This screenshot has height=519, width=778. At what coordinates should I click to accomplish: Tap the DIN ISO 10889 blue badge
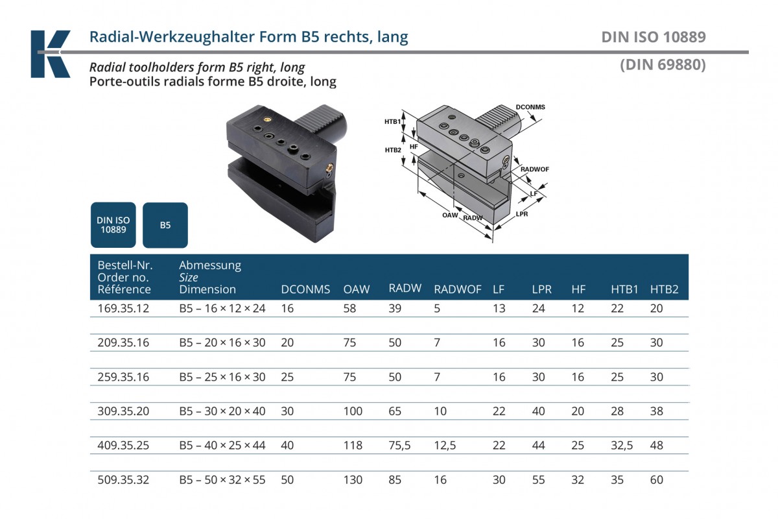[113, 225]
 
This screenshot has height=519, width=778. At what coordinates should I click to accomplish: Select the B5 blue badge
[165, 225]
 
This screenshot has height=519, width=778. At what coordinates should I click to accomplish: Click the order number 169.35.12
[123, 308]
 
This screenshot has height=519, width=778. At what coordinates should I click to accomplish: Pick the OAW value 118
[353, 445]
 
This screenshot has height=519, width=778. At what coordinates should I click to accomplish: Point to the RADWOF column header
[458, 289]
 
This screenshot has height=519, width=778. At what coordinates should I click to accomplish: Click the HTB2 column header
[664, 289]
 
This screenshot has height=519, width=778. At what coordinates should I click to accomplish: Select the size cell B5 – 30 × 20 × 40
[222, 411]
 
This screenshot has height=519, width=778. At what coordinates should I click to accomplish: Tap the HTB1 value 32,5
[622, 445]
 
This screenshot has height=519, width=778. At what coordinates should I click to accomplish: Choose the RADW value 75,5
[399, 445]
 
